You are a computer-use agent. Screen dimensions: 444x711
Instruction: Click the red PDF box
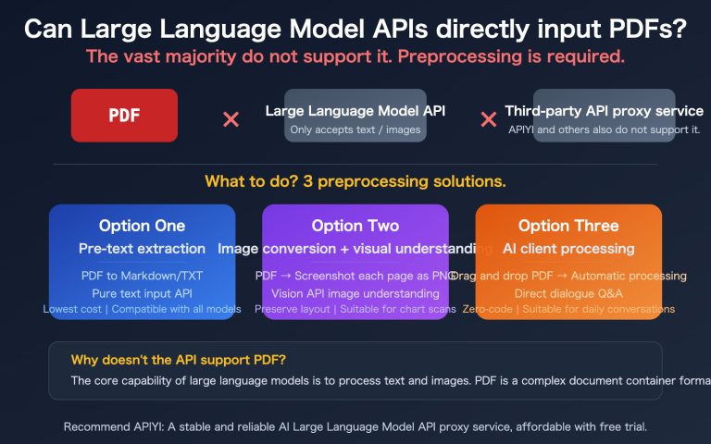(x=124, y=116)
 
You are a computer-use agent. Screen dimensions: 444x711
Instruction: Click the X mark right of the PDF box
(x=231, y=119)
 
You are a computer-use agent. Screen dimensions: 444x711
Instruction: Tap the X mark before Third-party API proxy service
(x=488, y=119)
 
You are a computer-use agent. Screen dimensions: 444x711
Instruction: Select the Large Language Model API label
(x=355, y=111)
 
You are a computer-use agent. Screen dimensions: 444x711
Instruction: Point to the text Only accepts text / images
(x=355, y=129)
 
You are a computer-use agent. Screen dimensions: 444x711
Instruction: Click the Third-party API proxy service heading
(x=603, y=111)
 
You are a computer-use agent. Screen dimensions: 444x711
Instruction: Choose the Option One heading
(x=142, y=226)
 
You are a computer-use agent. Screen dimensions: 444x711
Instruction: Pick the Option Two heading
(x=355, y=226)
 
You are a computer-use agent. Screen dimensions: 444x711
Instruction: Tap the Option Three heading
(x=568, y=226)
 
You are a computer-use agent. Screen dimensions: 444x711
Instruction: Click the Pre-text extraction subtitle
(x=142, y=248)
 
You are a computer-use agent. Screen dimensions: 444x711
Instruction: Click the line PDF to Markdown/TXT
(x=142, y=276)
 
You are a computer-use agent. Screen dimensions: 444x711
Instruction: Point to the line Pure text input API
(x=142, y=292)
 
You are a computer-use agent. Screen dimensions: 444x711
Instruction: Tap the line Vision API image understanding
(x=355, y=292)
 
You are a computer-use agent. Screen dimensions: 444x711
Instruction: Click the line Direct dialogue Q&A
(x=568, y=292)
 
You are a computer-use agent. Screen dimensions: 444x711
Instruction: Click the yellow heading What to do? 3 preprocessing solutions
(x=355, y=180)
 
